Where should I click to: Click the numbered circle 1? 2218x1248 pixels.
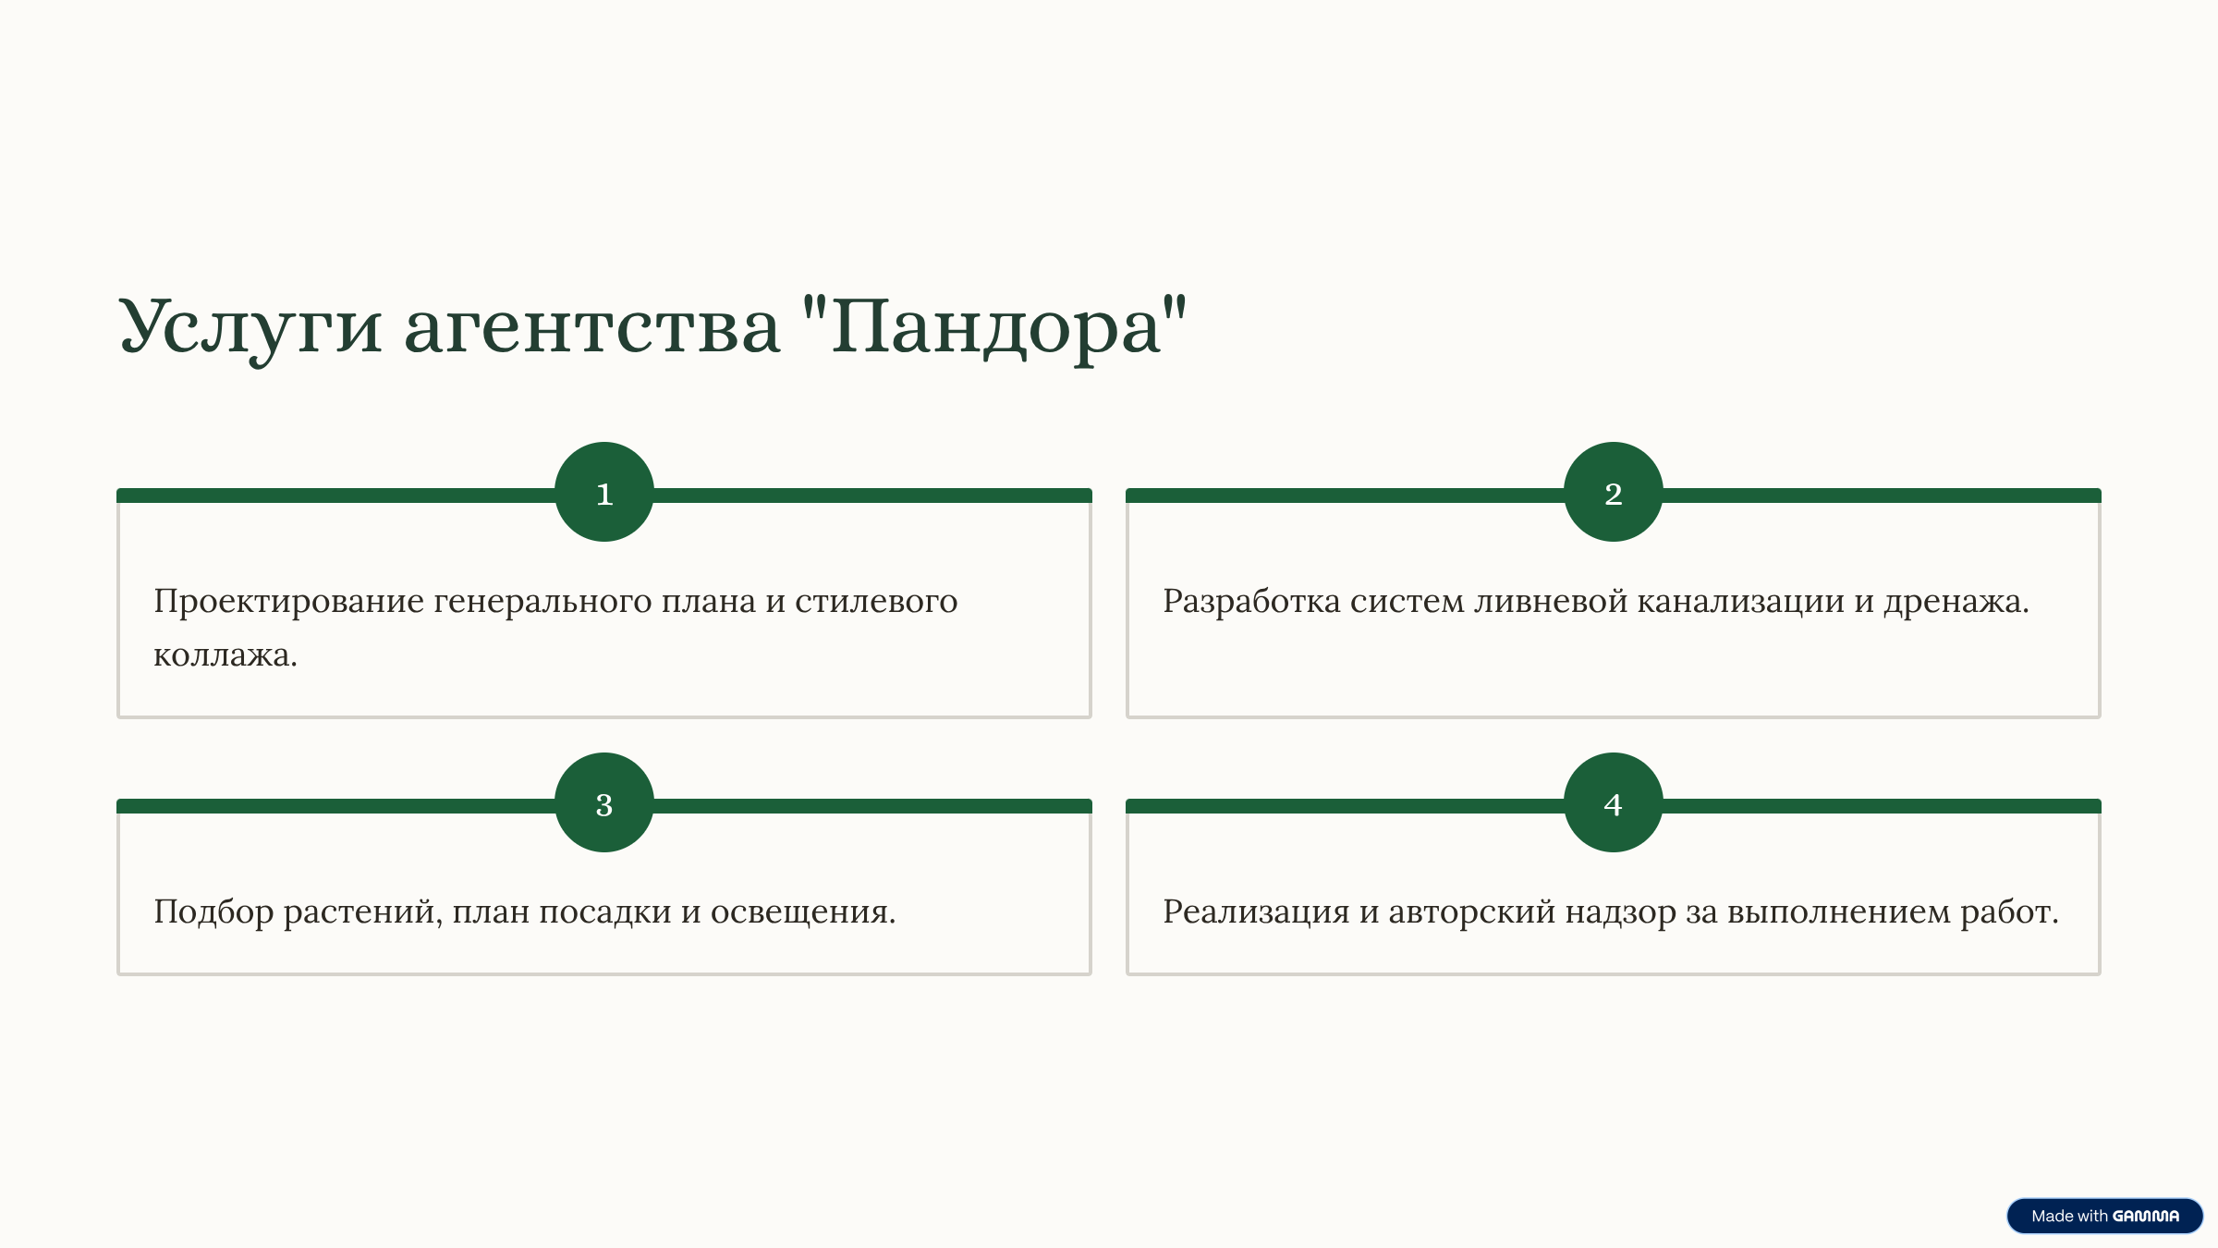(x=604, y=492)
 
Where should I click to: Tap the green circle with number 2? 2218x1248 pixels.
(x=1614, y=492)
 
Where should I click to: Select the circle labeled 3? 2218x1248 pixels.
(x=604, y=802)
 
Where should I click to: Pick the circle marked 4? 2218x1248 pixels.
(x=1614, y=802)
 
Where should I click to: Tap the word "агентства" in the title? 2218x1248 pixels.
(x=592, y=328)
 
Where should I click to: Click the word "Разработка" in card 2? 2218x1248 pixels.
(x=1251, y=602)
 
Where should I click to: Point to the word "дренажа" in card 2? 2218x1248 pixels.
(x=1951, y=603)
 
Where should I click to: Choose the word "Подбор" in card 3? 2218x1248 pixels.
(x=213, y=912)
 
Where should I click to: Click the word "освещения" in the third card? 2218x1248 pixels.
(x=799, y=912)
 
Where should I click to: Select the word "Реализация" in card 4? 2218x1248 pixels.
(x=1256, y=912)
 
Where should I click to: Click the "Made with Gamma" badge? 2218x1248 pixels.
(x=2104, y=1216)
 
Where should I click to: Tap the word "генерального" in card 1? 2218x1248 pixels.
(x=542, y=603)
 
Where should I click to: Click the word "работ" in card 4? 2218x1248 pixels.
(x=2005, y=912)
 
